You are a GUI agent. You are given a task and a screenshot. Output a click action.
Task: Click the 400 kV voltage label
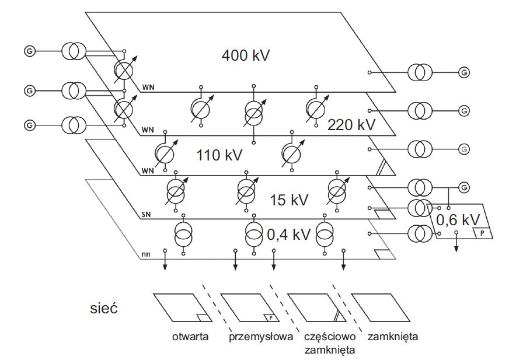tap(246, 55)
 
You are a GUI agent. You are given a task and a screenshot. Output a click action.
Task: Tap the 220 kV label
tap(351, 124)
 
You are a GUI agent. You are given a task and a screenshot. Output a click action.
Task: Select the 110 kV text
tap(219, 155)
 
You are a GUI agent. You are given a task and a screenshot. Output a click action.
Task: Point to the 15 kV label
tap(289, 200)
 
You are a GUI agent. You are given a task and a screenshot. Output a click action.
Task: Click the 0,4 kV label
tap(288, 234)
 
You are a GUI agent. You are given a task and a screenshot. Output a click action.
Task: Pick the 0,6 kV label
tap(458, 220)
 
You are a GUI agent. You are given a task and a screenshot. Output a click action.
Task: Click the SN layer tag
tap(146, 215)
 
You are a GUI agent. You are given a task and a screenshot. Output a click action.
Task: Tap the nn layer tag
tap(146, 254)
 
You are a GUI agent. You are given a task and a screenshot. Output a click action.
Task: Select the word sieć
tap(103, 307)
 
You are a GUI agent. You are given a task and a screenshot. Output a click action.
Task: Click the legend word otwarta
tap(190, 337)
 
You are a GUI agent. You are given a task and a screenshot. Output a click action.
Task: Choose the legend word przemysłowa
tap(261, 337)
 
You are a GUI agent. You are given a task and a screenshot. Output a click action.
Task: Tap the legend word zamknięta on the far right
tap(393, 337)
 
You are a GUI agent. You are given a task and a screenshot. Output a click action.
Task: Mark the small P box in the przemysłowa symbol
tap(271, 318)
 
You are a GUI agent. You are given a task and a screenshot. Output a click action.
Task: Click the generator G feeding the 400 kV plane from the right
tap(464, 72)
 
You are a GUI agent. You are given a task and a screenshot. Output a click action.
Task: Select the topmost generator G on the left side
tap(30, 51)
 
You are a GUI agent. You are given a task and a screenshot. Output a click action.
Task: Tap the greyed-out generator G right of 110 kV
tap(464, 149)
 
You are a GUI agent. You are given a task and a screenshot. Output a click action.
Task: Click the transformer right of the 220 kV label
tap(420, 111)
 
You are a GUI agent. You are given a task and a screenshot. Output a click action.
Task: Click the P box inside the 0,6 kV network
tap(482, 233)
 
